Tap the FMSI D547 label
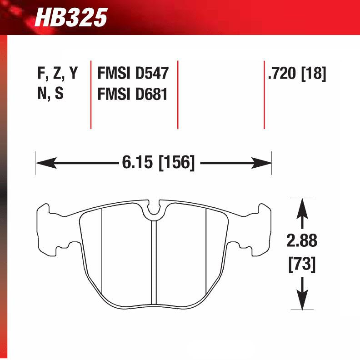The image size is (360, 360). point(133,74)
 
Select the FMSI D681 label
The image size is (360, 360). point(133,95)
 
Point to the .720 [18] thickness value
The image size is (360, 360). point(297,74)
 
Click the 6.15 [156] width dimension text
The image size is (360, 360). point(158,162)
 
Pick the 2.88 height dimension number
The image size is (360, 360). point(302,241)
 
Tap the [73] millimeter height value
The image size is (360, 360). point(302,263)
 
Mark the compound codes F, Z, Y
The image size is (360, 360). point(57,74)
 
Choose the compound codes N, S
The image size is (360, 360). point(50,95)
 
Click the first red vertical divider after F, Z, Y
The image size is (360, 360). point(91,94)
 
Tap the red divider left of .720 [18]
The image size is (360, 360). point(264,94)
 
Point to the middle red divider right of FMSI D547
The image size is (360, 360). point(177,94)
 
